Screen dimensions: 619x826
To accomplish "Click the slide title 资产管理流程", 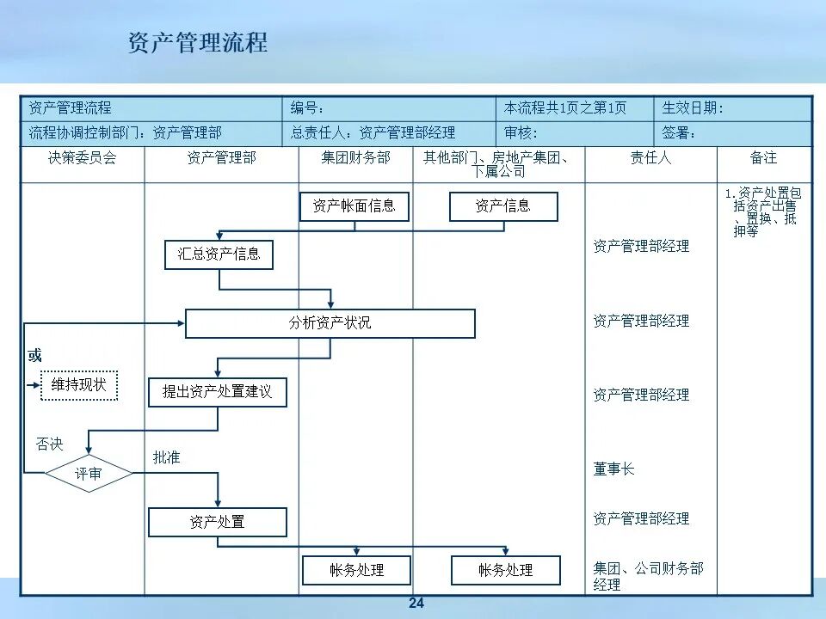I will [x=198, y=42].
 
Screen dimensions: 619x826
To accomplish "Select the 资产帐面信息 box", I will [x=354, y=206].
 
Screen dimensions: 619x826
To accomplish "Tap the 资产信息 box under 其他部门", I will [x=503, y=206].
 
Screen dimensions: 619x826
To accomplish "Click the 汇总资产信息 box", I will [x=219, y=254].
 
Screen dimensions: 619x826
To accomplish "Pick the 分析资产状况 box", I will [x=330, y=323].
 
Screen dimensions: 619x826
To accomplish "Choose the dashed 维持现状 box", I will [x=79, y=385].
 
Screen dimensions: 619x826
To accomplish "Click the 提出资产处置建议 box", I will [x=217, y=392].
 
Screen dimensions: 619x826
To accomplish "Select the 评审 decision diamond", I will [x=89, y=474].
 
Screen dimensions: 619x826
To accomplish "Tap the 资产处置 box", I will [x=217, y=522].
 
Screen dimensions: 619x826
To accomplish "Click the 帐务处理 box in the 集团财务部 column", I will [x=356, y=570].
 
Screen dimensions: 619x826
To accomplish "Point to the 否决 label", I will [x=49, y=444].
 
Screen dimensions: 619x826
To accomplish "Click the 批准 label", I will [x=167, y=458].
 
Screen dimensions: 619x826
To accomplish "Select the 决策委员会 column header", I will [x=82, y=158].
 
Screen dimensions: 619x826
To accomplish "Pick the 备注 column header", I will [x=763, y=158].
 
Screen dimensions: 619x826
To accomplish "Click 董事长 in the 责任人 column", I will [x=613, y=469].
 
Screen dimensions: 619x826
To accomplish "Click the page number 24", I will [x=416, y=604].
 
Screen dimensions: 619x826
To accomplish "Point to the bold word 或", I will [x=34, y=356].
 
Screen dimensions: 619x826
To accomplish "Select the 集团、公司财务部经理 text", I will [x=648, y=576].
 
